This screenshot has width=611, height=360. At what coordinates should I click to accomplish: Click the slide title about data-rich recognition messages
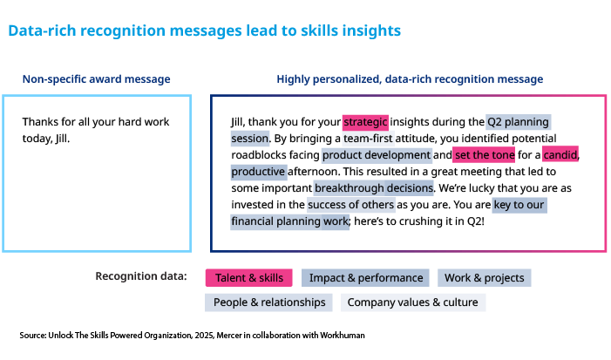pos(204,31)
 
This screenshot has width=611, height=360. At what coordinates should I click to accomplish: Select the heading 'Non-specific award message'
pos(96,79)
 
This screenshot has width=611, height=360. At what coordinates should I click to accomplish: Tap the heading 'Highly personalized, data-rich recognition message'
pos(410,79)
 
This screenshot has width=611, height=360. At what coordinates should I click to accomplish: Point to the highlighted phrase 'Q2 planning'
pos(518,122)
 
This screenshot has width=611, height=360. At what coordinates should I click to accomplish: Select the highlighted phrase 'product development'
pos(376,155)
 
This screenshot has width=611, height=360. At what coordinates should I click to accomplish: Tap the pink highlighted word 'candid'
pos(560,155)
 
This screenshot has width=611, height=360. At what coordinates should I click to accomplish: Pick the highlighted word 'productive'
pos(258,172)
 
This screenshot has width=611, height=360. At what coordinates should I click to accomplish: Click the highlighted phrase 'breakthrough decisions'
pos(373,188)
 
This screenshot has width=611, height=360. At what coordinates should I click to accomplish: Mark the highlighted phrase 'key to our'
pos(520,205)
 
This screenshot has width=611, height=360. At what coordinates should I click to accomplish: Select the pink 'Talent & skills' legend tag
pos(249,278)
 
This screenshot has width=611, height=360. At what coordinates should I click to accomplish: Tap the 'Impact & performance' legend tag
pos(365,278)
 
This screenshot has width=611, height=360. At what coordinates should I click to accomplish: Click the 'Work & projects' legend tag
pos(484,278)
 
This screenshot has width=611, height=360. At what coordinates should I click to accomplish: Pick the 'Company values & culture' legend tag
pos(412,302)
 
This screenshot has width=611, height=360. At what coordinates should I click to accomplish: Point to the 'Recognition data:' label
pos(140,277)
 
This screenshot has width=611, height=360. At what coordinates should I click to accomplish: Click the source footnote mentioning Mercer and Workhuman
pos(192,335)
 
